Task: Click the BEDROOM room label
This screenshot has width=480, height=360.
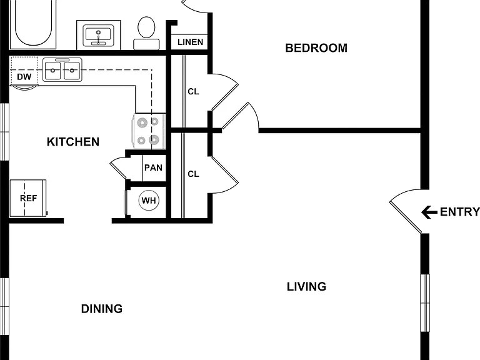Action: click(316, 48)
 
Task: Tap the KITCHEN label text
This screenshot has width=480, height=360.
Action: click(73, 142)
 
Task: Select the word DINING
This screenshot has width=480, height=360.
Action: click(102, 309)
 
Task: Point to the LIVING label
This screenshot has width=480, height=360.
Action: click(306, 287)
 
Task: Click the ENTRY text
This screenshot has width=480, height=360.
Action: click(460, 212)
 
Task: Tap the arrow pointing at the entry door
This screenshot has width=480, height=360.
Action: click(429, 212)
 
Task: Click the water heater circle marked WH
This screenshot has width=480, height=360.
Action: click(149, 201)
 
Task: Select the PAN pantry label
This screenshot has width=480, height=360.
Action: click(153, 167)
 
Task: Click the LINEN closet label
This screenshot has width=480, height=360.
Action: click(190, 42)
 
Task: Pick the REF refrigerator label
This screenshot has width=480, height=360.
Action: click(29, 198)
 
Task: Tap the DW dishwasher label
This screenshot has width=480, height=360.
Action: click(24, 76)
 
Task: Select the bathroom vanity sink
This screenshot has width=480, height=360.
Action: click(99, 35)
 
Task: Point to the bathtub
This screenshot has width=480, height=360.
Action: click(33, 24)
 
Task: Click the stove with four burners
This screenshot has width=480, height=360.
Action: click(149, 132)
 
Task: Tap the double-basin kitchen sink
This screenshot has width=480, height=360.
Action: click(62, 70)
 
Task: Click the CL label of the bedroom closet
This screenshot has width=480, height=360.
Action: click(194, 91)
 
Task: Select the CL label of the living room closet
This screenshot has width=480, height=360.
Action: click(194, 174)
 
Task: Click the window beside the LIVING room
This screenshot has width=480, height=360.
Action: click(425, 302)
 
